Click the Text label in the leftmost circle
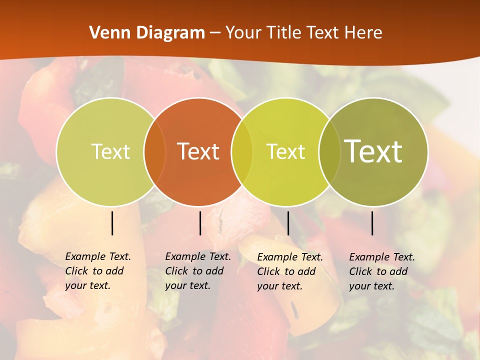[110, 151]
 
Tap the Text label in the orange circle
[198, 151]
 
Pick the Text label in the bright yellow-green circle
[285, 151]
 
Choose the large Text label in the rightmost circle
[373, 151]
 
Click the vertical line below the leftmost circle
[112, 223]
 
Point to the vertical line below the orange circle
[200, 223]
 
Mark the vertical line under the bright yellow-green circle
[288, 223]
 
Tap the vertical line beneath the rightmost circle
[372, 223]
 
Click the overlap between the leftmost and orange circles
[155, 151]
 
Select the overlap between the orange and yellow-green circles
[242, 151]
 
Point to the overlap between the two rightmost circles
[329, 151]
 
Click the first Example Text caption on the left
[98, 271]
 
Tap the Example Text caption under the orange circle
[198, 271]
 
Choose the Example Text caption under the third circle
[290, 271]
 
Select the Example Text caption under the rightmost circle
[382, 271]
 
